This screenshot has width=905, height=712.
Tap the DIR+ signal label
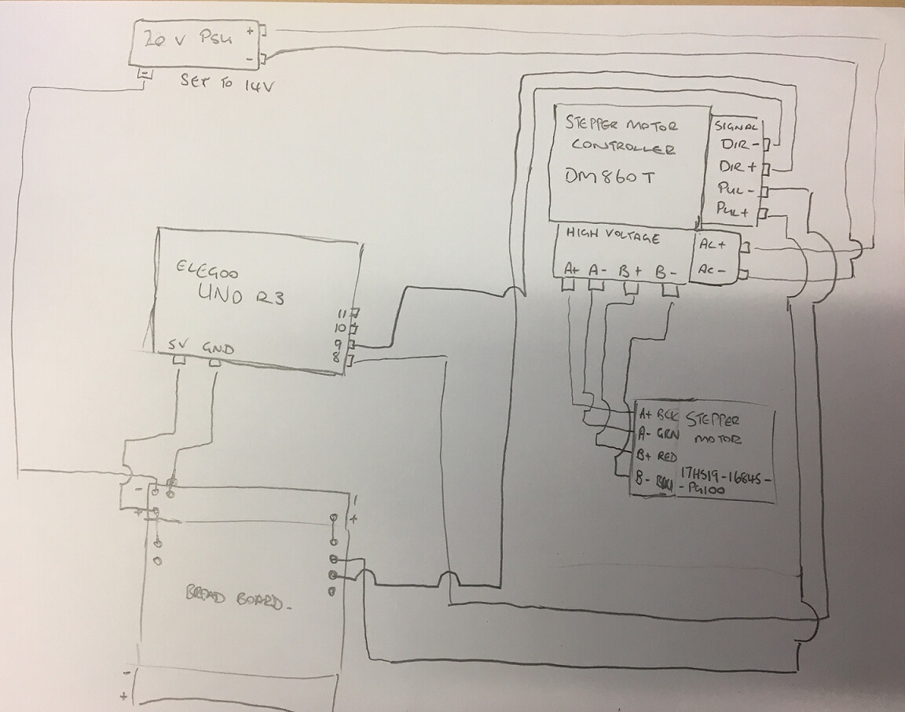(x=738, y=167)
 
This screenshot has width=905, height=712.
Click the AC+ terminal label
(x=713, y=245)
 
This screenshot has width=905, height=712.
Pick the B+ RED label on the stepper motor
(x=658, y=455)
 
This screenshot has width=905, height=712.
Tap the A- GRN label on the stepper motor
(x=658, y=433)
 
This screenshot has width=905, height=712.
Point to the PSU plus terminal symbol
(x=250, y=32)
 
